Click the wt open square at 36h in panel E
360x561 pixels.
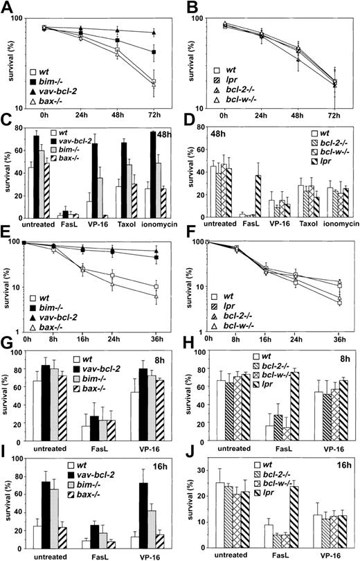click(157, 286)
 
